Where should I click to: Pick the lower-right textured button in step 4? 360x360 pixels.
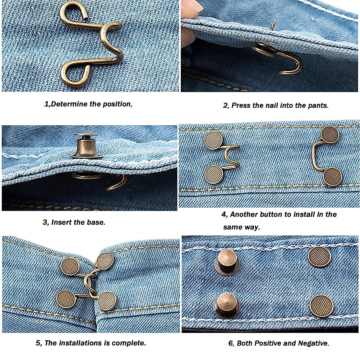333,176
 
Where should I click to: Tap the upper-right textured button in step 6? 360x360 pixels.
319,257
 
